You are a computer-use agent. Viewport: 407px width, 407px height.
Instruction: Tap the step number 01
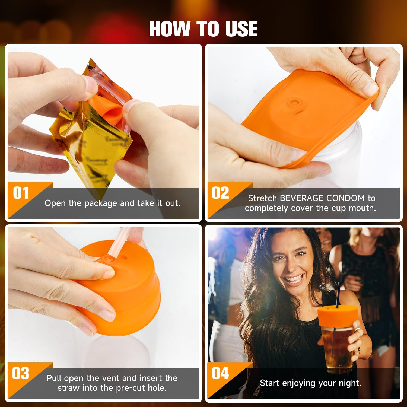[21, 193]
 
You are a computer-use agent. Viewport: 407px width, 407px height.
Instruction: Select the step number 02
[220, 193]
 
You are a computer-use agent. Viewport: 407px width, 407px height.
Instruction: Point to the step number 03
[21, 374]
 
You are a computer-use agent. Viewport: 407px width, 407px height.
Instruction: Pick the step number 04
[220, 374]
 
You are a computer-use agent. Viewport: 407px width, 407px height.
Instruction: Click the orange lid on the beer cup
[338, 316]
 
